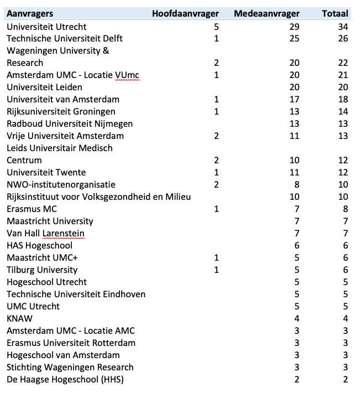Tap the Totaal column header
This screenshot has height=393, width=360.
coord(335,14)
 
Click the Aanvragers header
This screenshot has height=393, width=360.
coord(30,14)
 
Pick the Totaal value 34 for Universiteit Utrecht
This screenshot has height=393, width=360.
coord(343,27)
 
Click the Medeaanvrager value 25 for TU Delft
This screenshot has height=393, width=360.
coord(294,39)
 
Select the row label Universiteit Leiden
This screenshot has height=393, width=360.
coord(44,87)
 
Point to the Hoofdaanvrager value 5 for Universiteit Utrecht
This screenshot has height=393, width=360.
coord(216,27)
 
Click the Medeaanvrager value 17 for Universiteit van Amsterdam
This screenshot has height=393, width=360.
coord(294,100)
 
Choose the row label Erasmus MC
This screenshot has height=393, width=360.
coord(32,209)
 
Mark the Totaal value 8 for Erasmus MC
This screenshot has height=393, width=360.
coord(346,209)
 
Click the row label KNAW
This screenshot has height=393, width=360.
coord(18,319)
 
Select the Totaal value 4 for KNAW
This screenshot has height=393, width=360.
coord(346,319)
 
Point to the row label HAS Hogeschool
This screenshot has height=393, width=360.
coord(39,246)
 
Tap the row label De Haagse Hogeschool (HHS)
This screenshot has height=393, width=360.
coord(65,380)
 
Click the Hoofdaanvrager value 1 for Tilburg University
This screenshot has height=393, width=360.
coord(216,270)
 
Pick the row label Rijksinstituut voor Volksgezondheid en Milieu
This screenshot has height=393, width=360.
coord(103,197)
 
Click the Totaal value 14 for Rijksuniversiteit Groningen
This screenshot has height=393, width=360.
coord(343,112)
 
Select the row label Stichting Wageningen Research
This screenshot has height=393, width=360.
coord(70,368)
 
